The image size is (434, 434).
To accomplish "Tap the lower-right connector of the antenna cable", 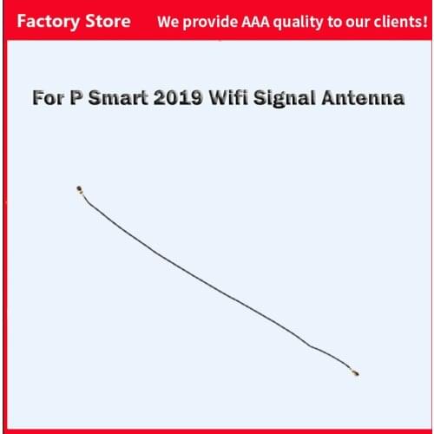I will [355, 374].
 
